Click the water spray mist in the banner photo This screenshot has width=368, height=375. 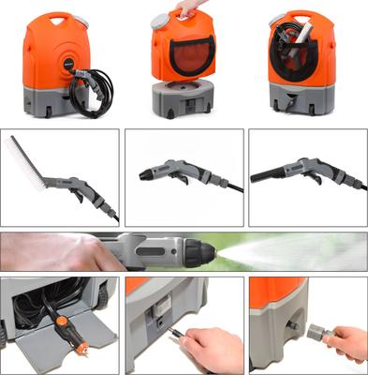[300, 251]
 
